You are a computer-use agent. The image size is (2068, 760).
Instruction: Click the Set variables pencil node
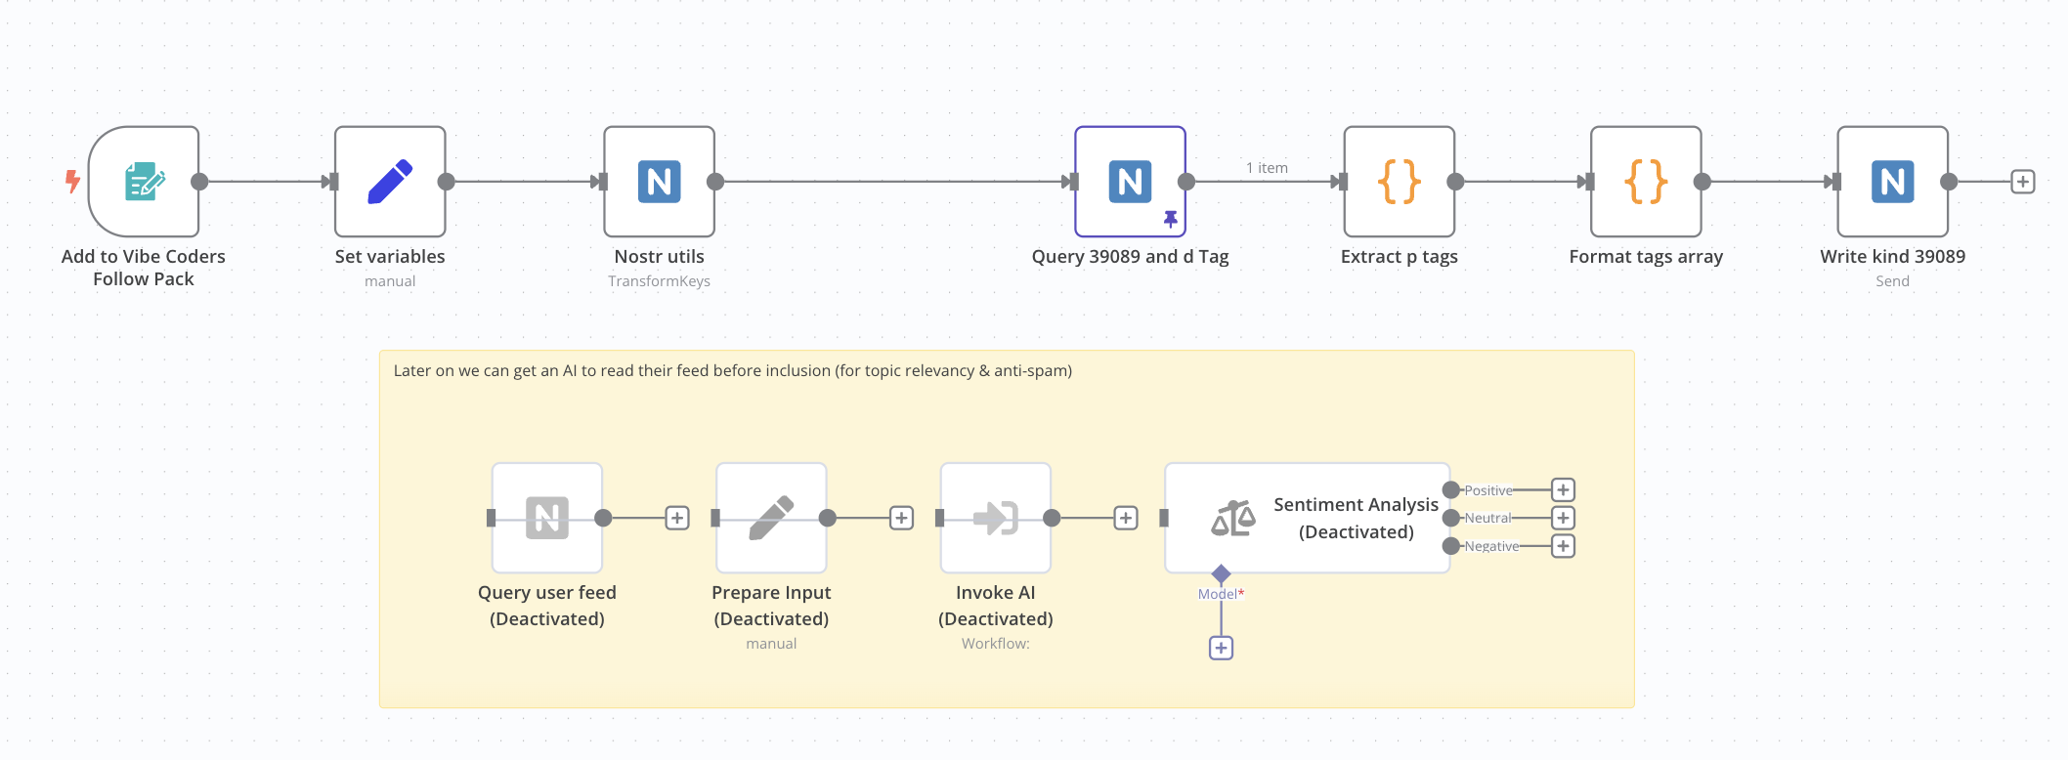pos(390,182)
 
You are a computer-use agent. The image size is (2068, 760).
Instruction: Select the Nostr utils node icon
pos(660,182)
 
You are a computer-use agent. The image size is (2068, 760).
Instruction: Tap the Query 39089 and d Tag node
pos(1131,182)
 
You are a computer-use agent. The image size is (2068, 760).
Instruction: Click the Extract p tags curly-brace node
pos(1400,182)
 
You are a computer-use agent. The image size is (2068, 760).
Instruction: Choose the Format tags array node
pos(1646,182)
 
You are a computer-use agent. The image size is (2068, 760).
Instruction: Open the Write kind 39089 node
pos(1893,182)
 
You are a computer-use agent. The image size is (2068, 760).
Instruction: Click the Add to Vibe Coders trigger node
pos(144,182)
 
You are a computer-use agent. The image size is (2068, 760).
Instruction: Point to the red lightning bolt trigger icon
pos(72,181)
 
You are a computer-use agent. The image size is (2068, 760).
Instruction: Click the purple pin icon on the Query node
pos(1170,219)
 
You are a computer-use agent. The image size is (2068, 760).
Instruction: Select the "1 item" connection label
pos(1267,168)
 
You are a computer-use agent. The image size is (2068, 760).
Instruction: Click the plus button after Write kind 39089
pos(2023,182)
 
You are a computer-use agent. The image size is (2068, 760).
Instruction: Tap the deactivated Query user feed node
pos(547,518)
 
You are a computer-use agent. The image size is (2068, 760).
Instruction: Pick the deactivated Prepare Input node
pos(771,518)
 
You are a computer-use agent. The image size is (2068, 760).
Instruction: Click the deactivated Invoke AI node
pos(996,518)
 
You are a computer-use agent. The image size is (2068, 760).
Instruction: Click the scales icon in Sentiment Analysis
pos(1233,519)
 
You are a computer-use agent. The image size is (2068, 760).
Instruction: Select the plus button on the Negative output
pos(1564,546)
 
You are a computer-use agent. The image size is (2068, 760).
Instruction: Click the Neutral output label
pos(1487,518)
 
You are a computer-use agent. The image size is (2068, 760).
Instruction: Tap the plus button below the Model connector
pos(1221,648)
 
